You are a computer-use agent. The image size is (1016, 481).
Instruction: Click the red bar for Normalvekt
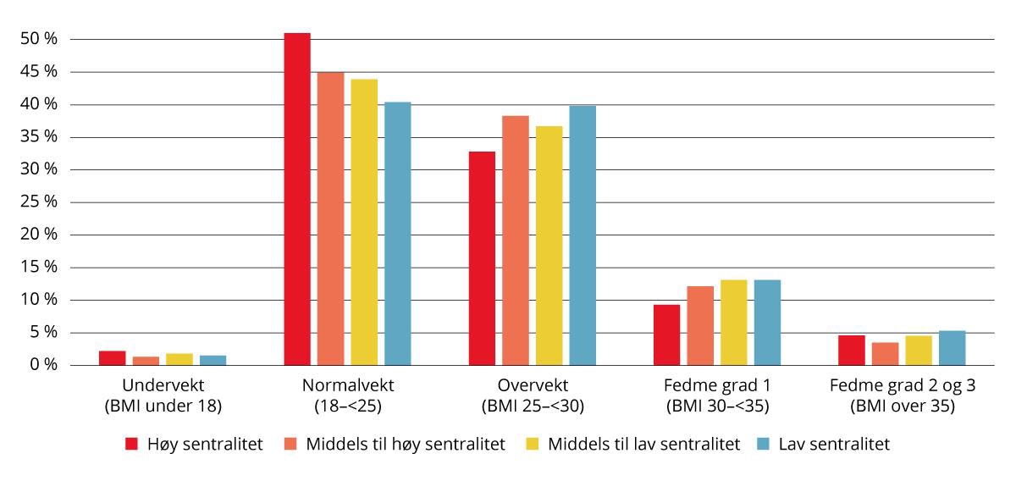coord(296,199)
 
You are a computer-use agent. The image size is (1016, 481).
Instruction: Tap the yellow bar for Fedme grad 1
coord(734,323)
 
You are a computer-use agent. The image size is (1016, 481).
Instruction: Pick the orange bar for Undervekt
coord(146,361)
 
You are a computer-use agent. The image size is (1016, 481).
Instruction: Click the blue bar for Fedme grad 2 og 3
coord(952,348)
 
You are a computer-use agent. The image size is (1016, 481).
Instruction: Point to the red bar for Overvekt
coord(482,258)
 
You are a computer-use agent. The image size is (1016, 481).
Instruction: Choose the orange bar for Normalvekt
coord(330,218)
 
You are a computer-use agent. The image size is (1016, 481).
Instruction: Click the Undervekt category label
coord(163,385)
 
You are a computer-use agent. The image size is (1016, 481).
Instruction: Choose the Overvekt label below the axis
coord(533,385)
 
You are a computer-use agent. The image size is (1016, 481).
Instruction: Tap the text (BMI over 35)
coord(903,406)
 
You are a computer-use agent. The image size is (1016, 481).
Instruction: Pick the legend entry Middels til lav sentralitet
coord(643,444)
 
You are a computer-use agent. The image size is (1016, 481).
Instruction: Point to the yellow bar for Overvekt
coord(549,246)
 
